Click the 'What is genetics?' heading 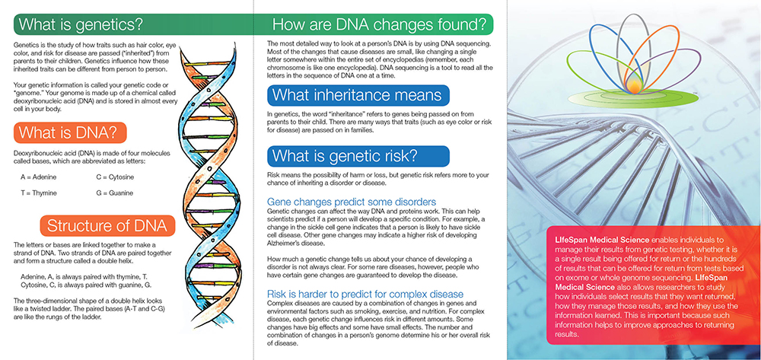point(81,24)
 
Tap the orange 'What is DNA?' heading point(70,132)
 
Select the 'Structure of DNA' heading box point(107,225)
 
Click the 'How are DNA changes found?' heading point(380,24)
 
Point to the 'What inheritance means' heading point(357,94)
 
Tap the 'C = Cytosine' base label point(115,177)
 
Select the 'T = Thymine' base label point(38,193)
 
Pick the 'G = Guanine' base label point(115,193)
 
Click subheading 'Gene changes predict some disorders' point(352,202)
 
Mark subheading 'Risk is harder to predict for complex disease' point(365,294)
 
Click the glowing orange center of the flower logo point(633,86)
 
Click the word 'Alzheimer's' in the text point(283,243)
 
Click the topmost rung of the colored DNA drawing point(202,64)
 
